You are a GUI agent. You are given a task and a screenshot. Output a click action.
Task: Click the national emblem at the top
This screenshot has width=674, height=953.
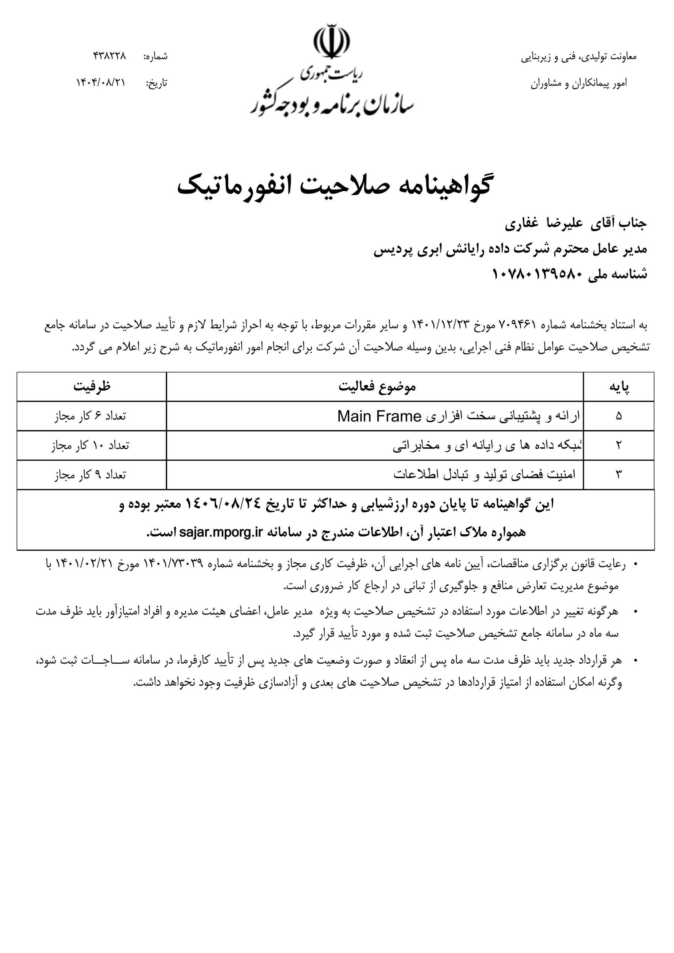coord(331,43)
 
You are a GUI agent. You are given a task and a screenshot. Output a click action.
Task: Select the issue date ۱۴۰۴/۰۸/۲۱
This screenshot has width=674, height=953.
coord(101,83)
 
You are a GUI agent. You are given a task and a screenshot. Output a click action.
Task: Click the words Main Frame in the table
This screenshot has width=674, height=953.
coord(379,416)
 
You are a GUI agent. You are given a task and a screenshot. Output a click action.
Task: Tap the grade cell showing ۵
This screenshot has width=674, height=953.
coord(619,416)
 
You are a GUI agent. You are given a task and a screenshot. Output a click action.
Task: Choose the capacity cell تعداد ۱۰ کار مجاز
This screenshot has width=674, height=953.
coord(90,445)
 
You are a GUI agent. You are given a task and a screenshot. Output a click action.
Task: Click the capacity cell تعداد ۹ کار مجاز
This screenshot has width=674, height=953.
coord(90,474)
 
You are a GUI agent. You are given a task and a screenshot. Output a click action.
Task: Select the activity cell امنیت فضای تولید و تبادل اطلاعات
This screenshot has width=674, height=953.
coord(484,474)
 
